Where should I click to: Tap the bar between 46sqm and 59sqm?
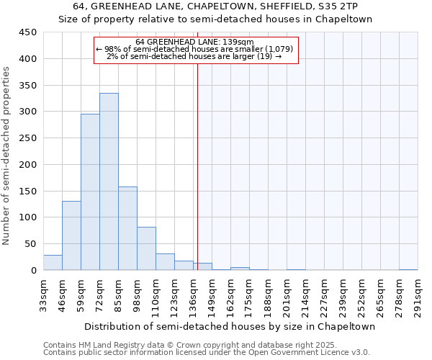[71, 235]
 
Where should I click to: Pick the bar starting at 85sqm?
[127, 228]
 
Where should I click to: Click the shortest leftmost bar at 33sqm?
[53, 263]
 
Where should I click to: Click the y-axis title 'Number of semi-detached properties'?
[7, 155]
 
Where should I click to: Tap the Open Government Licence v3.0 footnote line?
[206, 353]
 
